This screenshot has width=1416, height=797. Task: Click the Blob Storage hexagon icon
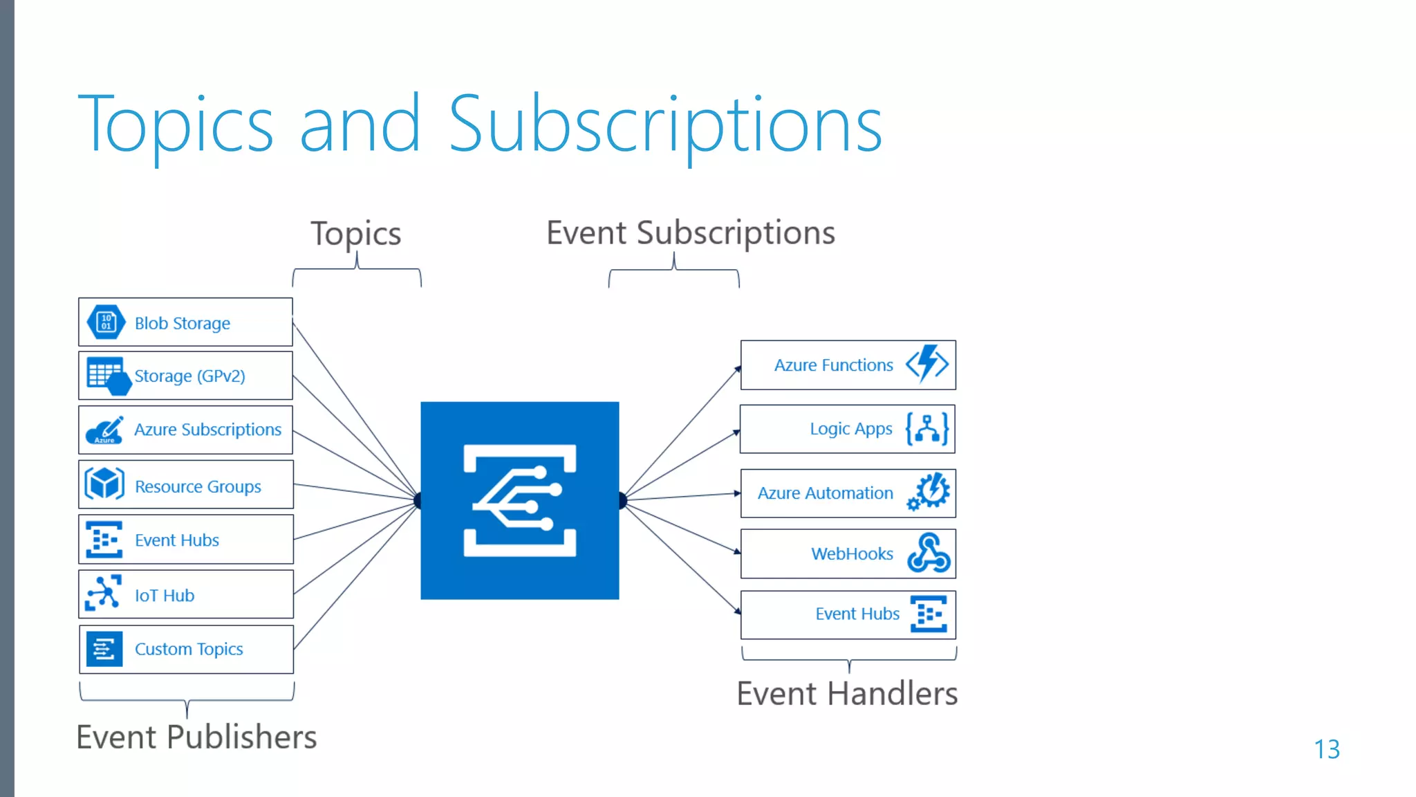[106, 322]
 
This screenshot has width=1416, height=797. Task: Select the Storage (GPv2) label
[189, 376]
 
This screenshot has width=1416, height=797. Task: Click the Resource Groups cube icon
[104, 484]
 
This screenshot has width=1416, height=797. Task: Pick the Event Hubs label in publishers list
[177, 540]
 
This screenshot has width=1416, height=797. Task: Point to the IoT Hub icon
[104, 594]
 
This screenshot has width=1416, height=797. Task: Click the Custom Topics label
[189, 650]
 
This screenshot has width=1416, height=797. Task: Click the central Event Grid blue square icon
[519, 500]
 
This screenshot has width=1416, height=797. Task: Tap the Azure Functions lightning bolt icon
[927, 364]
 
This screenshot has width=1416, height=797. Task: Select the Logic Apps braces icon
[927, 429]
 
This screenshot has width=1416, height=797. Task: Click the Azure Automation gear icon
[929, 492]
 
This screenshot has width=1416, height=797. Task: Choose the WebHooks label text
[852, 554]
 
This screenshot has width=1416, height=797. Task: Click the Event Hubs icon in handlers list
[929, 614]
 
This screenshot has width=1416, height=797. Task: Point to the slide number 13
[1326, 749]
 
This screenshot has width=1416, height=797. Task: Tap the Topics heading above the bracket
[355, 234]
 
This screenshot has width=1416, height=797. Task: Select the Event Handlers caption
[847, 694]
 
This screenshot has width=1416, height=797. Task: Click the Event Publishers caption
[196, 738]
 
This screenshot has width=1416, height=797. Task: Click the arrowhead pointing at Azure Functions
[737, 369]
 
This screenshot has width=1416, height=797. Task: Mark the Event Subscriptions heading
[690, 233]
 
